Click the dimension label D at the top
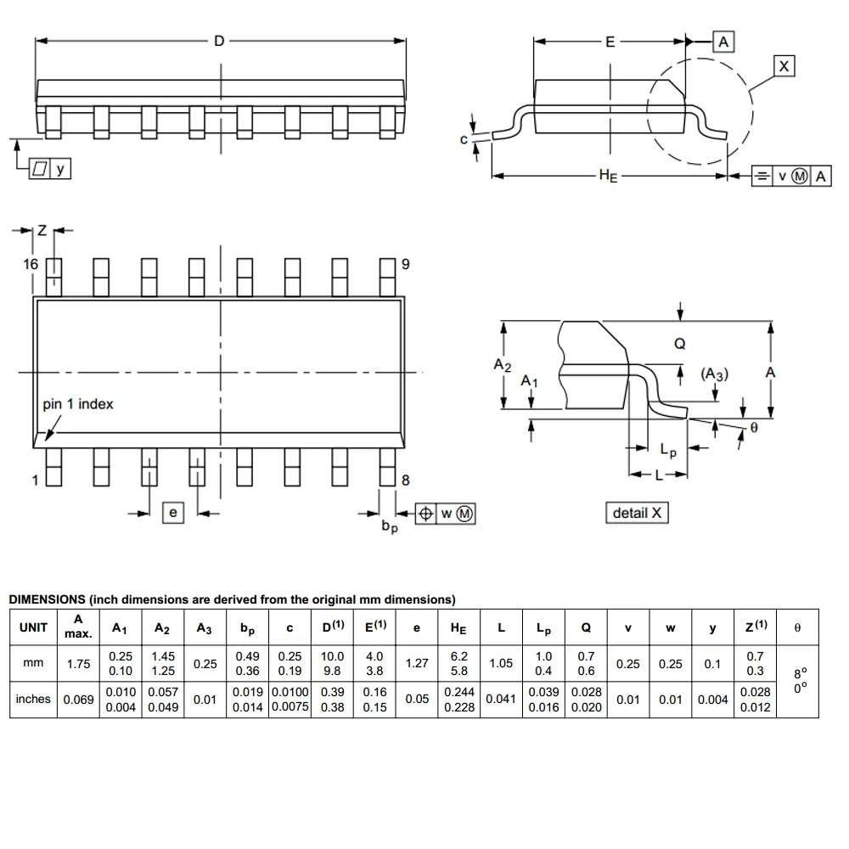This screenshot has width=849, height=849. [x=219, y=40]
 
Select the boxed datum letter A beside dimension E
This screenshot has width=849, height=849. [x=722, y=42]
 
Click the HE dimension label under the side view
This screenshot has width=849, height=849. [x=608, y=176]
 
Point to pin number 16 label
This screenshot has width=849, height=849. [x=31, y=264]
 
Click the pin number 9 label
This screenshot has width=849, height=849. [x=405, y=264]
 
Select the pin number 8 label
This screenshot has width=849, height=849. [x=405, y=480]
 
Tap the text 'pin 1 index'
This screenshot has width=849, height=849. [x=78, y=404]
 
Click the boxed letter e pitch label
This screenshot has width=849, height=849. [x=173, y=512]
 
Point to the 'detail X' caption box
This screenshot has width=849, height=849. [x=637, y=513]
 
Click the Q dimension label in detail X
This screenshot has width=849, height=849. [x=679, y=344]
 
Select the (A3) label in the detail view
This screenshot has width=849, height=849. [x=714, y=374]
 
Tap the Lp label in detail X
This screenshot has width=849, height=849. [x=668, y=451]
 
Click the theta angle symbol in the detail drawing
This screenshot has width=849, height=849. [x=754, y=429]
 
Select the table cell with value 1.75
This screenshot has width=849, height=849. [x=77, y=663]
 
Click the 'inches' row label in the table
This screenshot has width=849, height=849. [x=34, y=699]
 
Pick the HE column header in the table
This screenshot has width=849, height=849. [x=458, y=628]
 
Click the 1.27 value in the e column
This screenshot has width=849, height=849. [x=416, y=663]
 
